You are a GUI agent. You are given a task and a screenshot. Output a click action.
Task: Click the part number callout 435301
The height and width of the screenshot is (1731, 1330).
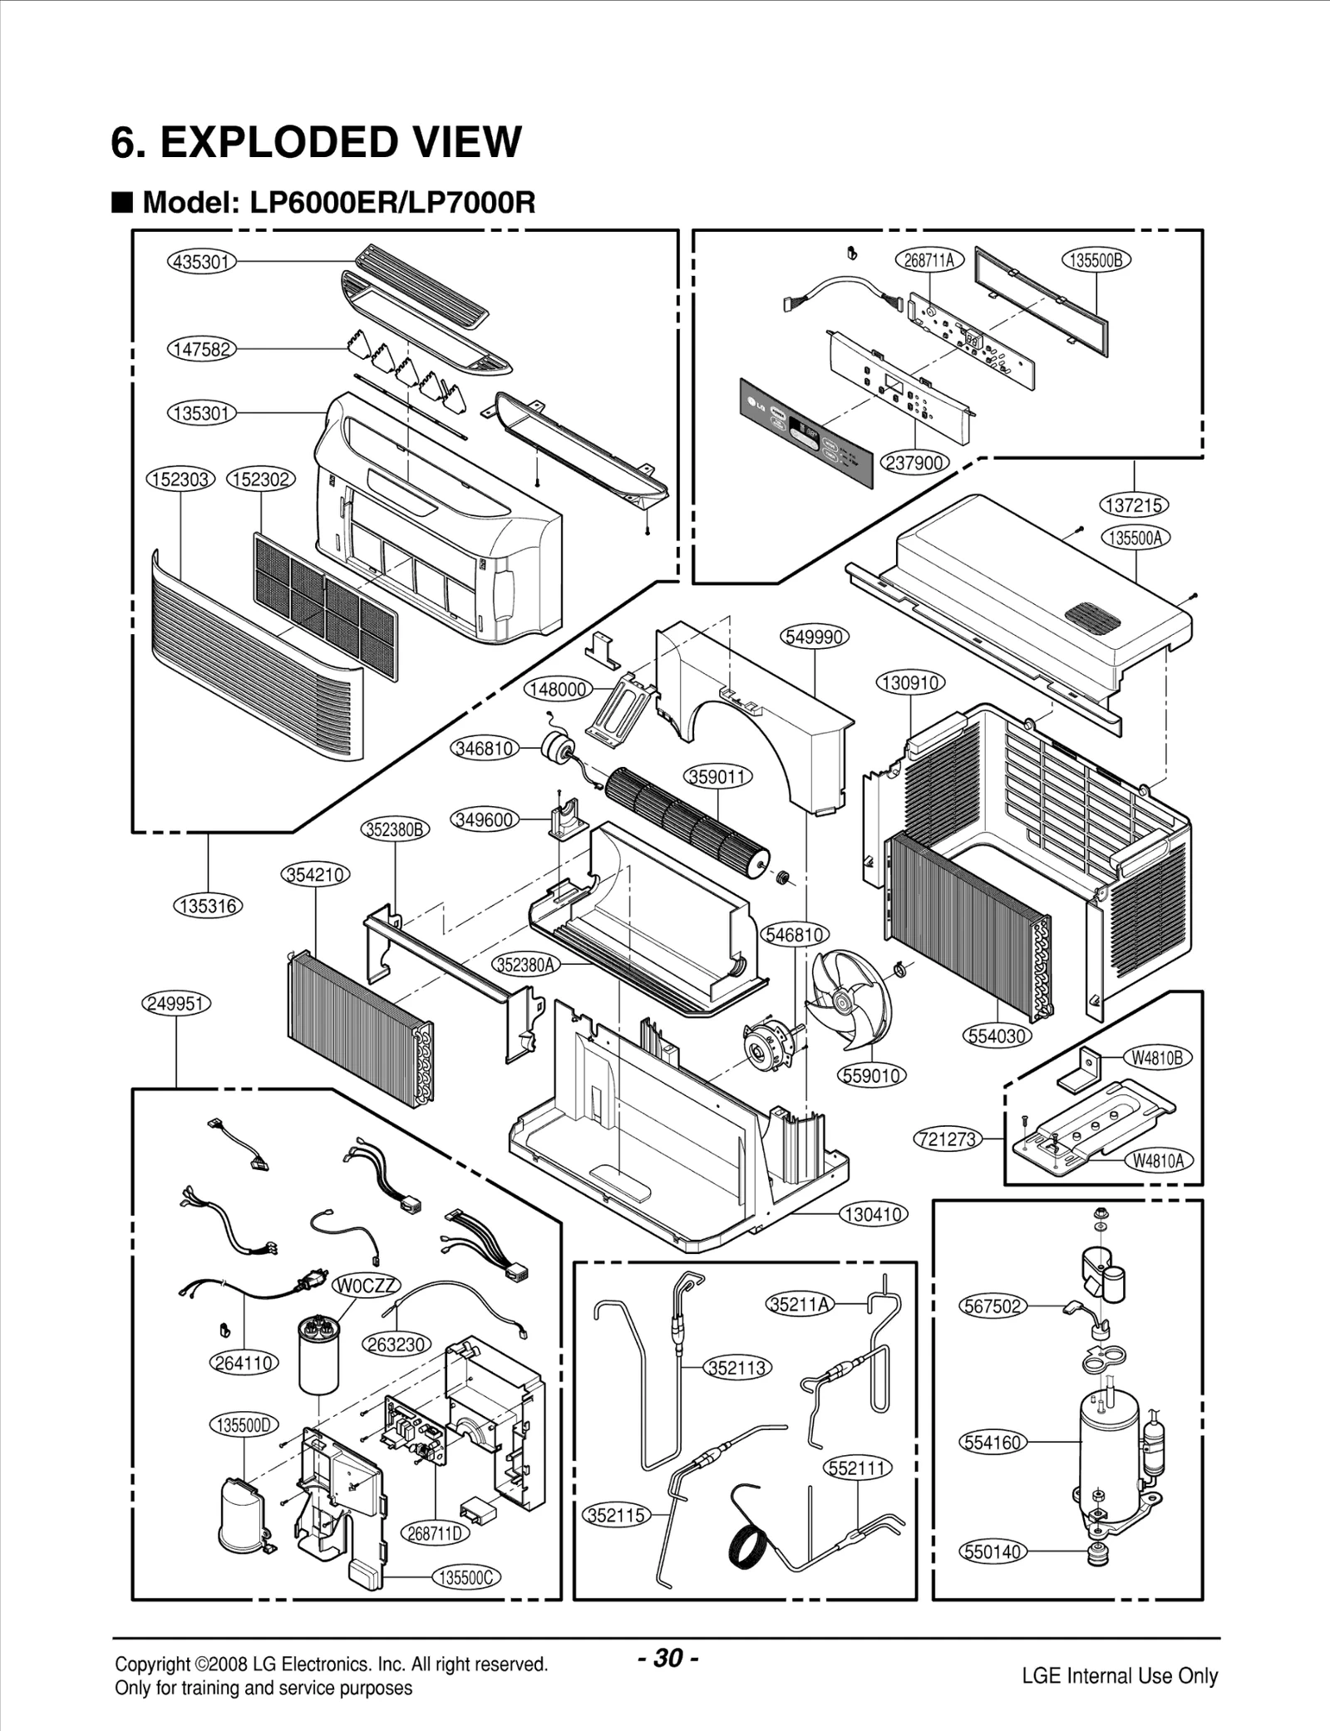(x=202, y=262)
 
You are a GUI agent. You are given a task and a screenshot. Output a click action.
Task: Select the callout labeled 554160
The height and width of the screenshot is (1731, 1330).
(x=993, y=1442)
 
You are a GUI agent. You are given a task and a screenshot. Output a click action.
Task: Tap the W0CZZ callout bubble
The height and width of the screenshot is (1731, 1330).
(x=367, y=1286)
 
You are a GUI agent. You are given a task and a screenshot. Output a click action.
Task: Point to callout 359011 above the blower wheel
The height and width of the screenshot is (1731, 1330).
(x=718, y=777)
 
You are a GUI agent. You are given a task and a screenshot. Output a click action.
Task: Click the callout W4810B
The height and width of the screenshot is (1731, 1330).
(x=1157, y=1058)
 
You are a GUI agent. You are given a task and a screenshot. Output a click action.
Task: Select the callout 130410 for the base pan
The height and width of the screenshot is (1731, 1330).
(x=873, y=1214)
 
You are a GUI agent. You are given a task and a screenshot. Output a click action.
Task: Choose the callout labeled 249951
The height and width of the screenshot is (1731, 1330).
(x=175, y=1003)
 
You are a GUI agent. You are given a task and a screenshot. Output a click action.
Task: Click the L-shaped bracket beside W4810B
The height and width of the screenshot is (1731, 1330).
(x=1081, y=1070)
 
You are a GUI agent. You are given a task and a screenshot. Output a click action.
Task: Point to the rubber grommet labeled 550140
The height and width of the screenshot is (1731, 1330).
(x=1099, y=1552)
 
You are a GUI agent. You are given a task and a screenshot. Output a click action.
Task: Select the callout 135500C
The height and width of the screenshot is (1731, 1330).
(x=466, y=1577)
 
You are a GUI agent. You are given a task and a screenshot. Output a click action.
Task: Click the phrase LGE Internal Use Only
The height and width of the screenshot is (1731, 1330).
(x=1120, y=1676)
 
